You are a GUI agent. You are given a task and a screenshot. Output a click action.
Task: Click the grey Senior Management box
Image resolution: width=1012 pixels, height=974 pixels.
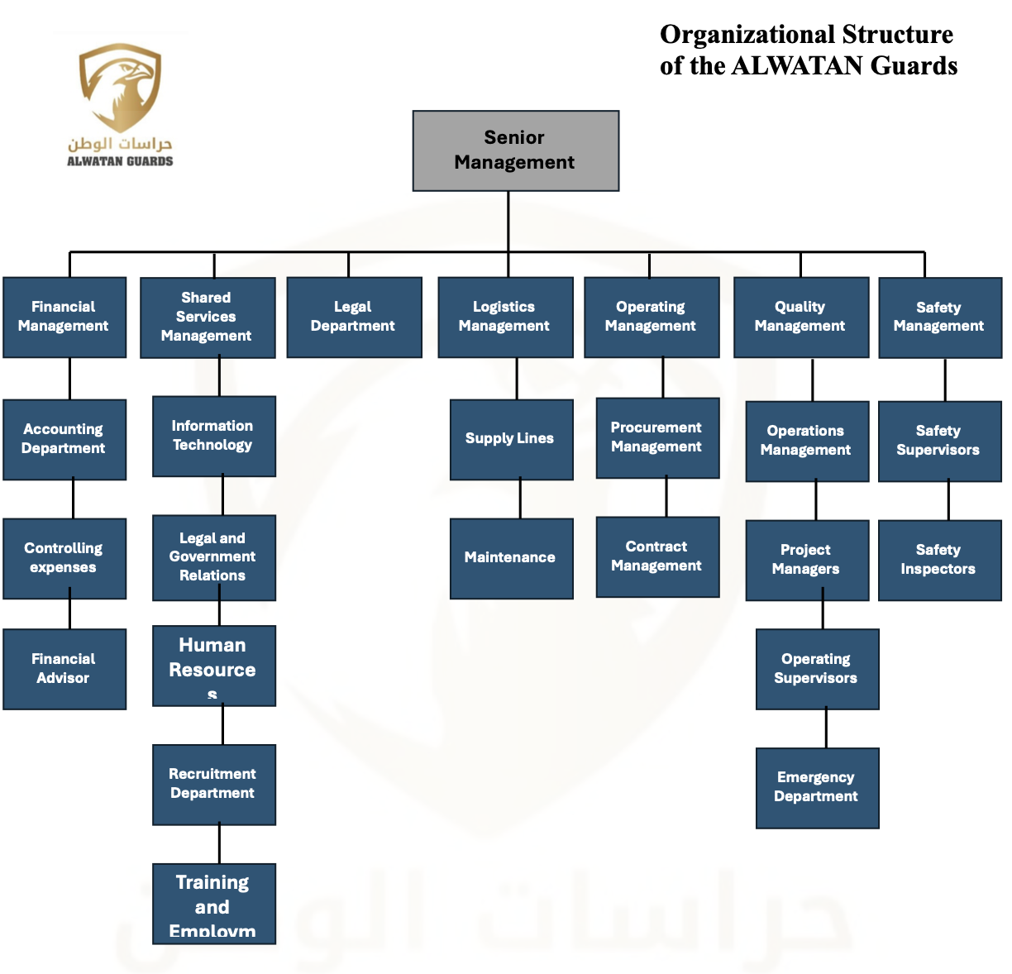pyautogui.click(x=516, y=150)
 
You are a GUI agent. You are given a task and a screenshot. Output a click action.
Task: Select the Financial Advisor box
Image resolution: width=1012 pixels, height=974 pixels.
pyautogui.click(x=64, y=669)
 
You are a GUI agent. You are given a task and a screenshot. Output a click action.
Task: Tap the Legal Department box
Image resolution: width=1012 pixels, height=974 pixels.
pyautogui.click(x=354, y=317)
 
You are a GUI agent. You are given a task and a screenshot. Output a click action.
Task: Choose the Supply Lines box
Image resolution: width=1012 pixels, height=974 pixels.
pyautogui.click(x=511, y=439)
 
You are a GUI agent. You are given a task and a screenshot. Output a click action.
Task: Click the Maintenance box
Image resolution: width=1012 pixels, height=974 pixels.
pyautogui.click(x=511, y=558)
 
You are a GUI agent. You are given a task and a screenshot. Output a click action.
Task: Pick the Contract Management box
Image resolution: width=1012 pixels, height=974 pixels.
pyautogui.click(x=657, y=556)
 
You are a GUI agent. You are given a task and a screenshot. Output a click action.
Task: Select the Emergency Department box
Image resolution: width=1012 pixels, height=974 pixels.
pyautogui.click(x=817, y=787)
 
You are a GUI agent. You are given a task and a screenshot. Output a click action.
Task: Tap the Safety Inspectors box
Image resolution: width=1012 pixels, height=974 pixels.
pyautogui.click(x=939, y=560)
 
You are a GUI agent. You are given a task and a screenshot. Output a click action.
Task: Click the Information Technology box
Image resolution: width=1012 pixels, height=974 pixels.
pyautogui.click(x=213, y=436)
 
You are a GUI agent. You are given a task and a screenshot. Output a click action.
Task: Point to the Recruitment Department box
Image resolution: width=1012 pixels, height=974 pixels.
pyautogui.click(x=213, y=784)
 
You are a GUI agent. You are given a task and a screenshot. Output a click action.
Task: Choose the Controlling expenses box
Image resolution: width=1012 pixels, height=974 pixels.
pyautogui.click(x=64, y=558)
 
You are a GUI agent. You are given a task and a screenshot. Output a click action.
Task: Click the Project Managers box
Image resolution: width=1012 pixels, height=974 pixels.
pyautogui.click(x=807, y=560)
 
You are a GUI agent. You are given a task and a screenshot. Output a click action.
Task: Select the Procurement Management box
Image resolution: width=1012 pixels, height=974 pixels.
pyautogui.click(x=657, y=437)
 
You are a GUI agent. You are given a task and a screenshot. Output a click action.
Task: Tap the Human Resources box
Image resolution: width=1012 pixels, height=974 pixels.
pyautogui.click(x=213, y=665)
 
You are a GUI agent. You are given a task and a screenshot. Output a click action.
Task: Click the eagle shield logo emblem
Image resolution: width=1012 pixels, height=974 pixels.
pyautogui.click(x=120, y=87)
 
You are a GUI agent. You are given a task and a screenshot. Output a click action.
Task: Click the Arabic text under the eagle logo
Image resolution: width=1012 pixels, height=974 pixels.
pyautogui.click(x=120, y=143)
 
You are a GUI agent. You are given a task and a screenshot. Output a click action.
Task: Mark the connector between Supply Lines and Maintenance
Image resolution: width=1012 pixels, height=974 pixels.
pyautogui.click(x=520, y=499)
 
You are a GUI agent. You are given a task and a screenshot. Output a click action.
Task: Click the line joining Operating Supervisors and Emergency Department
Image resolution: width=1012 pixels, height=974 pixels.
pyautogui.click(x=826, y=728)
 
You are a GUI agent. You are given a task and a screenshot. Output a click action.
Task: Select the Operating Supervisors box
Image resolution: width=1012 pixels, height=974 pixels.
pyautogui.click(x=817, y=669)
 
